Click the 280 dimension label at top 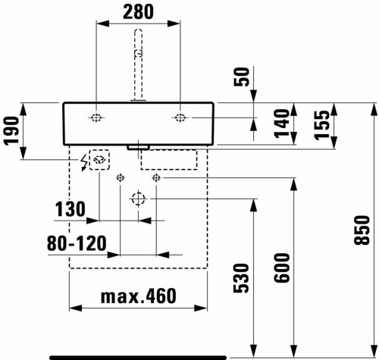pyautogui.click(x=138, y=12)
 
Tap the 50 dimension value pyautogui.click(x=242, y=77)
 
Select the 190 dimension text pyautogui.click(x=11, y=130)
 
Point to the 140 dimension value pyautogui.click(x=282, y=124)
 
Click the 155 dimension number pyautogui.click(x=322, y=125)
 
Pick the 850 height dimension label pyautogui.click(x=362, y=230)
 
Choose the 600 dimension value pyautogui.click(x=282, y=268)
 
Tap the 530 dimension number pyautogui.click(x=241, y=278)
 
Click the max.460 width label pyautogui.click(x=139, y=296)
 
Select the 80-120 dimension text pyautogui.click(x=77, y=243)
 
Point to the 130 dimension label pyautogui.click(x=70, y=209)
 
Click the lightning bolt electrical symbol pyautogui.click(x=83, y=163)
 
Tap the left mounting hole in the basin pyautogui.click(x=96, y=117)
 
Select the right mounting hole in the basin pyautogui.click(x=180, y=117)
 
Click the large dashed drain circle pyautogui.click(x=138, y=199)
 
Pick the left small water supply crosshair pyautogui.click(x=121, y=178)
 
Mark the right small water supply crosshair pyautogui.click(x=156, y=178)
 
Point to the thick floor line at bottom pyautogui.click(x=138, y=358)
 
